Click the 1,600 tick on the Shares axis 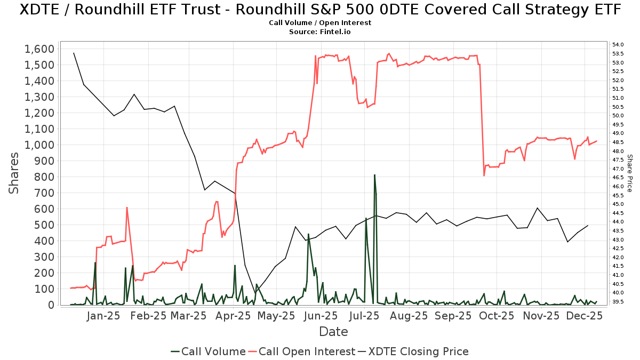click(39, 49)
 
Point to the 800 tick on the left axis click(45, 177)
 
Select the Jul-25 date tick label click(365, 316)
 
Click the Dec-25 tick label click(585, 316)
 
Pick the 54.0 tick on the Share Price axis click(618, 44)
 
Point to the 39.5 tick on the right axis click(618, 301)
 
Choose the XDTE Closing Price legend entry click(413, 351)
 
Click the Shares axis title click(15, 173)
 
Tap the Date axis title click(333, 332)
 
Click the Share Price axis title click(629, 173)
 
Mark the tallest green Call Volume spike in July click(374, 175)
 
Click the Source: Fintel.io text click(319, 32)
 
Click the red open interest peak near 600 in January click(127, 207)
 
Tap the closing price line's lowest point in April click(255, 292)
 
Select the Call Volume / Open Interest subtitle click(319, 23)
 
